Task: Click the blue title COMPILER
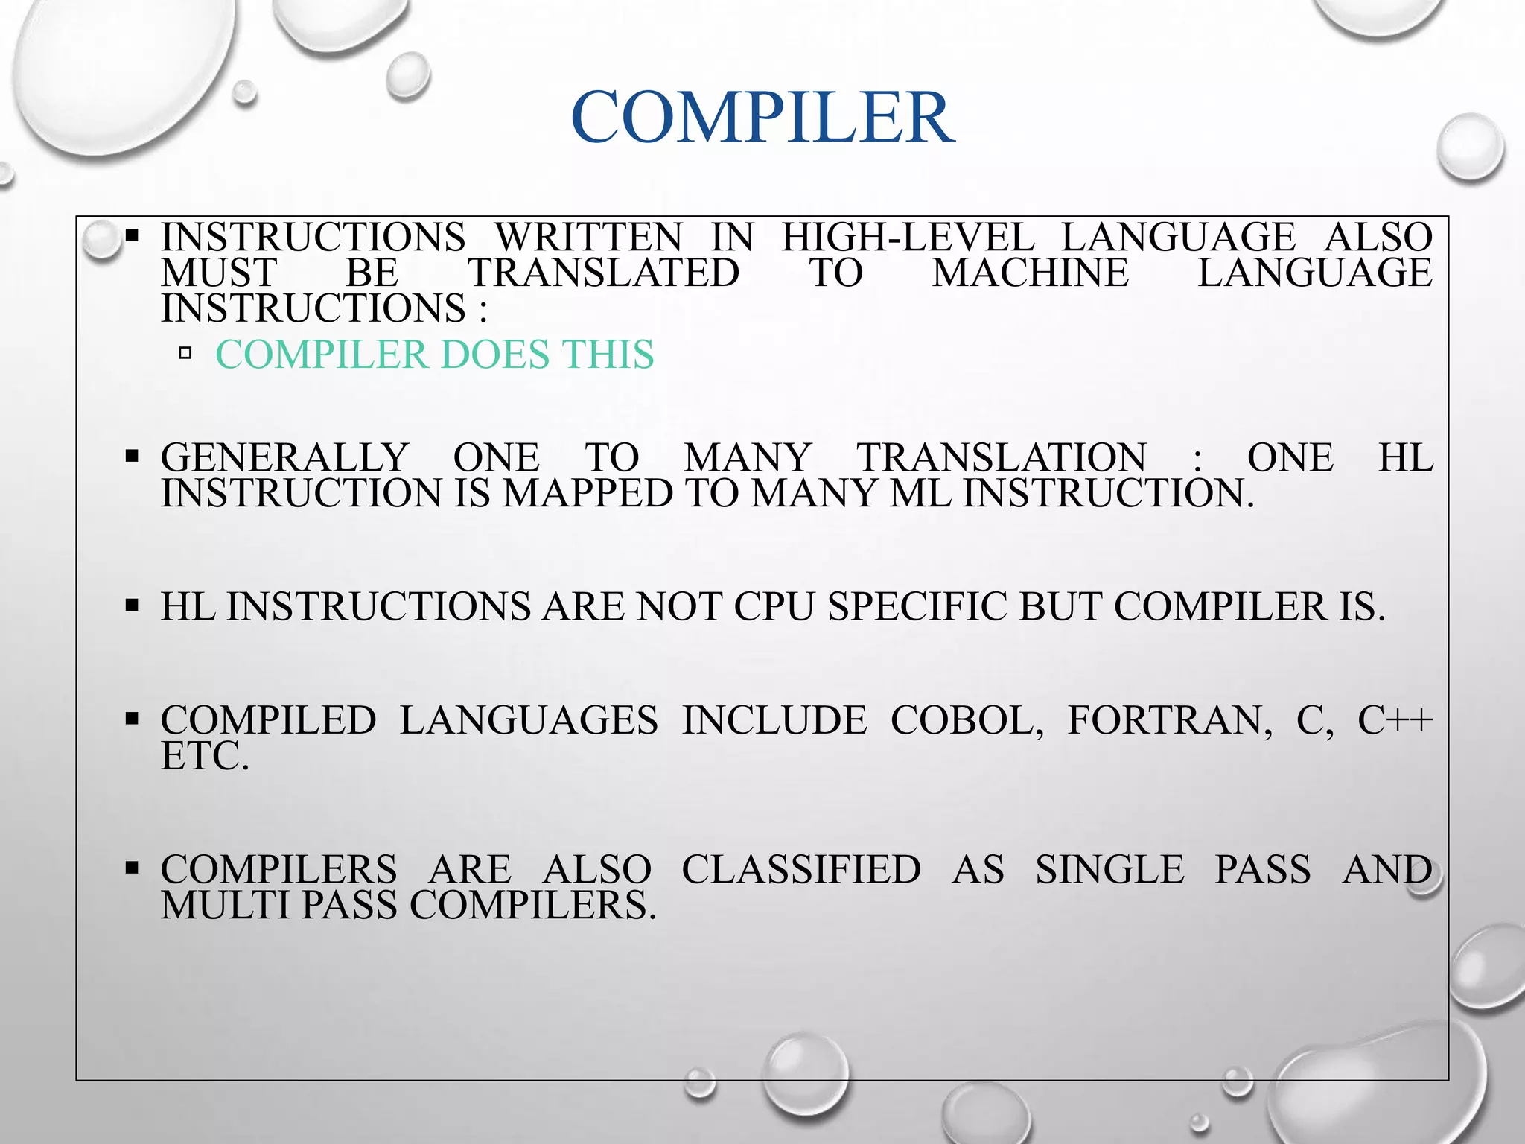[x=762, y=118]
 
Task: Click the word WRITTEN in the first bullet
[x=588, y=238]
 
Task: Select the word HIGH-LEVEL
[x=908, y=238]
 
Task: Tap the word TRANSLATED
[x=603, y=273]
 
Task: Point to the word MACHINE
[x=1031, y=273]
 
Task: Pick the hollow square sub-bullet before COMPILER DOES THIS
[x=185, y=353]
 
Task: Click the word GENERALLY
[x=284, y=457]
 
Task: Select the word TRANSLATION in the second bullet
[x=1002, y=457]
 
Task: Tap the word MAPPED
[x=588, y=494]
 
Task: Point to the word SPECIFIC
[x=918, y=606]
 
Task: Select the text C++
[x=1395, y=720]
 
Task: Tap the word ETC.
[x=205, y=756]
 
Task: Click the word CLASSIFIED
[x=801, y=870]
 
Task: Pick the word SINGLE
[x=1109, y=870]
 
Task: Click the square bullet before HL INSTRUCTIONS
[x=133, y=606]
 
